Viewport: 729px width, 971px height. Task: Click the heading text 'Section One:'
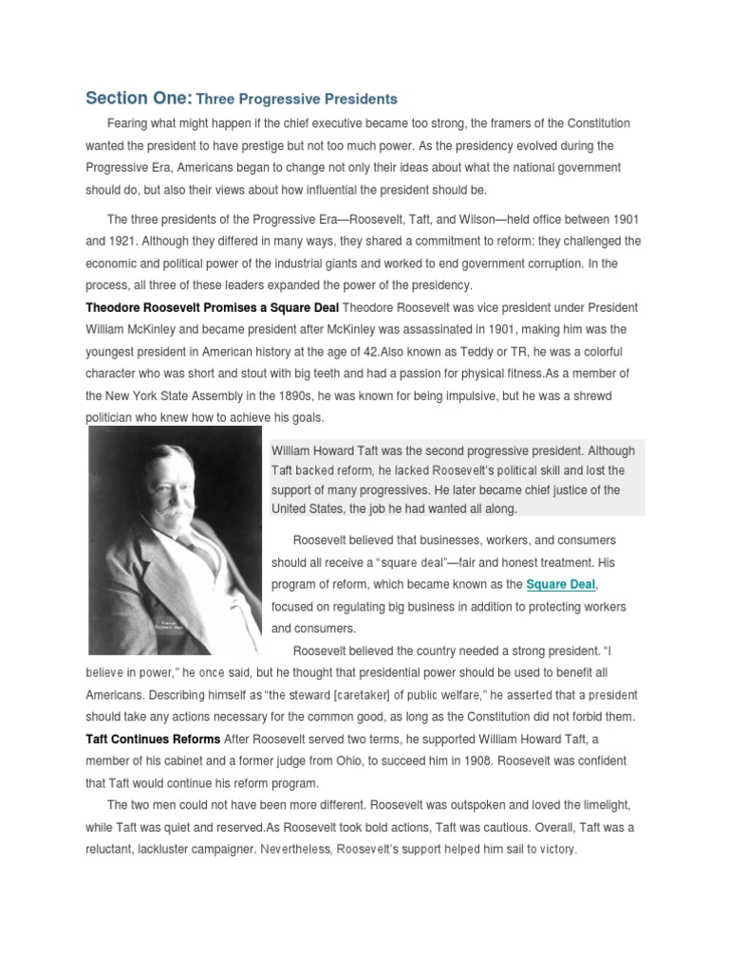tap(139, 98)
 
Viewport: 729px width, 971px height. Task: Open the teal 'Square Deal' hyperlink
tap(562, 584)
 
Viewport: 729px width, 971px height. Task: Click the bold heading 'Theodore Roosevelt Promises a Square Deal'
tap(212, 307)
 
